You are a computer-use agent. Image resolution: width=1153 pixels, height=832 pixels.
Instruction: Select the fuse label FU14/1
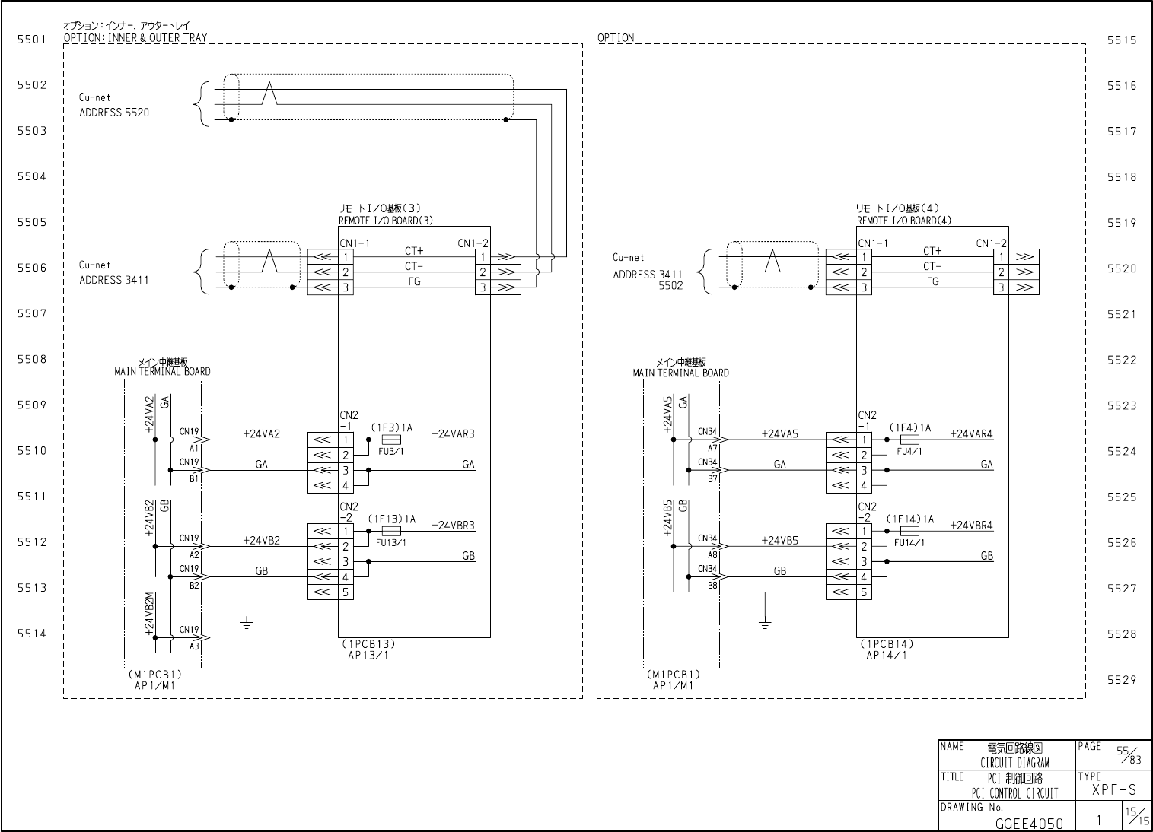(909, 542)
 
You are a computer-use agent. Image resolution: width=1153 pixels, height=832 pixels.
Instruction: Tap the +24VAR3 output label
(453, 434)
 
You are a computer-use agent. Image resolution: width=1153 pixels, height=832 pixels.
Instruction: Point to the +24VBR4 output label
(971, 526)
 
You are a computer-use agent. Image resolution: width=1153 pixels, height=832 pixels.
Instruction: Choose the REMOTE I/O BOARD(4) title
(904, 221)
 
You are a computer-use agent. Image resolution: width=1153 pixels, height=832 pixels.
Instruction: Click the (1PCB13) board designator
(368, 643)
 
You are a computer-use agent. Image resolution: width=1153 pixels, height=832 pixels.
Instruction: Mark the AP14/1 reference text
(887, 653)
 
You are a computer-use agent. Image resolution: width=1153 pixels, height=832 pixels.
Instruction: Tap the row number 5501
(32, 39)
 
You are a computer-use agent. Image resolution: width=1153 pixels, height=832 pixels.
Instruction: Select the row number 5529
(1122, 680)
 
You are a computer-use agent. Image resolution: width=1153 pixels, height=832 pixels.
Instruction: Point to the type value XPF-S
(1113, 790)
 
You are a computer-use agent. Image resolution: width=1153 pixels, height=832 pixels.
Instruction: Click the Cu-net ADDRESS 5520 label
(114, 105)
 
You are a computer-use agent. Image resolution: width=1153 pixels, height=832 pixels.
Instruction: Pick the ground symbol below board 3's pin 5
(247, 625)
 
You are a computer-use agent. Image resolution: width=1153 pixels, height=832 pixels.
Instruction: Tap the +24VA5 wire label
(779, 434)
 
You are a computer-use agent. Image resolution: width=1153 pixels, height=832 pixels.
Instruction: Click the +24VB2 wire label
(261, 541)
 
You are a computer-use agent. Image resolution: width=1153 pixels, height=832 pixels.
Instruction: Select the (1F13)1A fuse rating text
(392, 519)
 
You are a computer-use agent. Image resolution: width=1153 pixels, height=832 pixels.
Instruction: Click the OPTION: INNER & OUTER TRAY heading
(135, 37)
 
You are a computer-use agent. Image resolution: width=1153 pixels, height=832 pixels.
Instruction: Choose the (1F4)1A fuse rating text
(910, 428)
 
